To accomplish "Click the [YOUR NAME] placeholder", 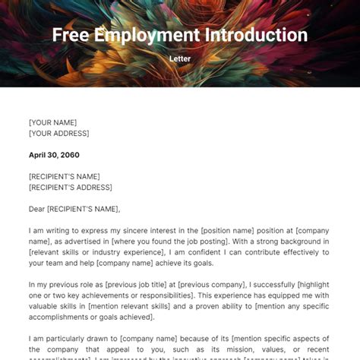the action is click(x=52, y=122).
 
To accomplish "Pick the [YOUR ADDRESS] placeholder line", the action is click(x=58, y=133).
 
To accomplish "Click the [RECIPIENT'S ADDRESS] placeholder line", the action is click(x=70, y=187).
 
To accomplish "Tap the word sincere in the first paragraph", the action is click(x=132, y=230).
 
